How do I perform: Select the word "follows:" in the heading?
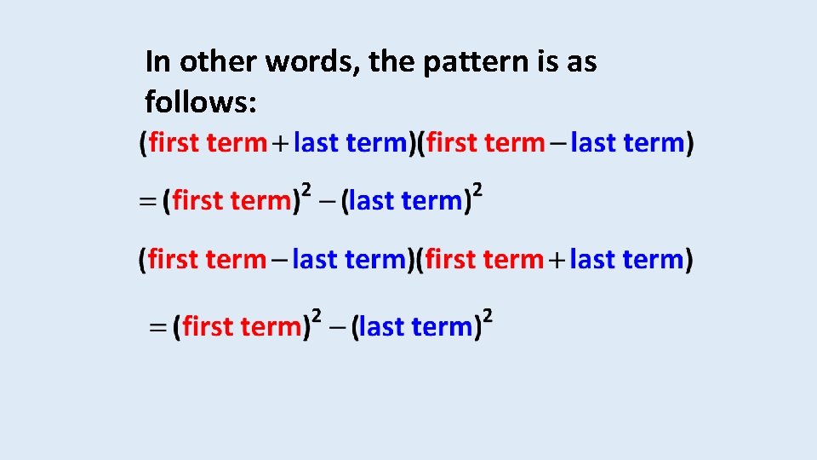pyautogui.click(x=200, y=102)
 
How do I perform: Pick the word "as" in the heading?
pyautogui.click(x=582, y=62)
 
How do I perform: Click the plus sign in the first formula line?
pyautogui.click(x=280, y=144)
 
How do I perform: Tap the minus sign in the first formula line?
pyautogui.click(x=557, y=143)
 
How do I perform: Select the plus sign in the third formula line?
pyautogui.click(x=557, y=260)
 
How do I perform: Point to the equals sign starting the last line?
pyautogui.click(x=159, y=326)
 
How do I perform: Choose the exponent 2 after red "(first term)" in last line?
pyautogui.click(x=317, y=314)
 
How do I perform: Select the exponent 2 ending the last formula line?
pyautogui.click(x=488, y=314)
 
